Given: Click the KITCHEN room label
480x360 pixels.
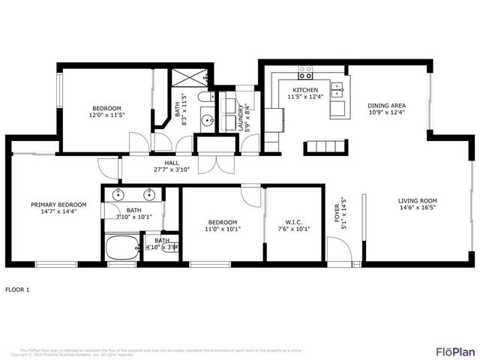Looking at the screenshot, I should tap(305, 90).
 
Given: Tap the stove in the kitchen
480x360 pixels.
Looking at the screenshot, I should tap(305, 73).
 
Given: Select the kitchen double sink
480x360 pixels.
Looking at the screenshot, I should tap(338, 90).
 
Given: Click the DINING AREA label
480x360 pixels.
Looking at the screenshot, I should tap(387, 106).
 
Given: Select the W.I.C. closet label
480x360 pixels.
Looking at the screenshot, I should tap(294, 222).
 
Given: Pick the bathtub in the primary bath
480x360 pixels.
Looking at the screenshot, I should tap(121, 246).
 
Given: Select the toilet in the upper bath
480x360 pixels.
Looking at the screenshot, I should tap(205, 100).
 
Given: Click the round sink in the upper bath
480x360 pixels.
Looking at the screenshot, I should tap(207, 120).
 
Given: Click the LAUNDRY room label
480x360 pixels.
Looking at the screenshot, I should tap(241, 118).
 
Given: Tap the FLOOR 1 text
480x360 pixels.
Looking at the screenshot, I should tap(17, 289).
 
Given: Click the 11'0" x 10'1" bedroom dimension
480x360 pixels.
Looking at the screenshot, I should tap(223, 229).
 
